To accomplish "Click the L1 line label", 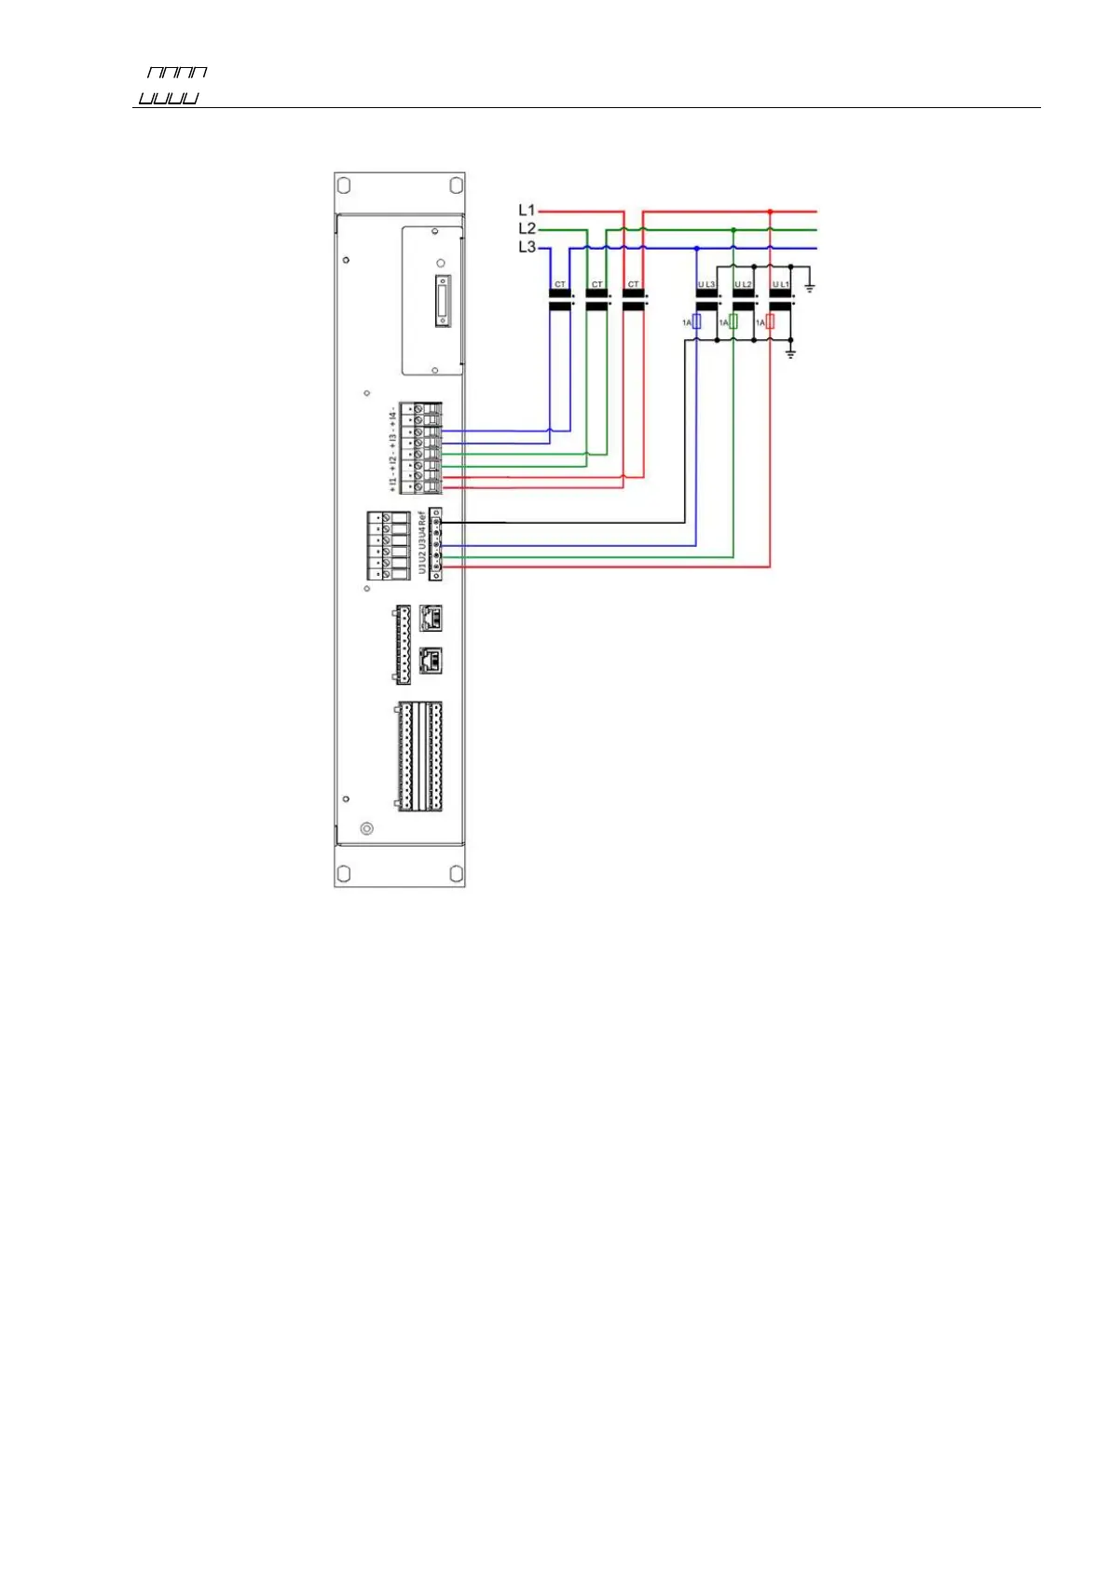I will coord(527,211).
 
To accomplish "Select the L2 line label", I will coord(527,228).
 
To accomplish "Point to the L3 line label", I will coord(527,247).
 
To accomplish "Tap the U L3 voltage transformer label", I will coord(706,284).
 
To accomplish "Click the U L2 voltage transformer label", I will coord(743,284).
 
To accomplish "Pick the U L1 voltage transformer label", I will coord(780,284).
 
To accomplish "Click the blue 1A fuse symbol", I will coord(696,321).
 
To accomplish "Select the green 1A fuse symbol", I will coord(733,321).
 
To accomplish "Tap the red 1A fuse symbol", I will coord(770,321).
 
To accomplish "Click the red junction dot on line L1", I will coord(770,211).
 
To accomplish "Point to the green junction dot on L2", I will coord(733,229).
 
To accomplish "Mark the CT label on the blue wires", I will coord(559,284).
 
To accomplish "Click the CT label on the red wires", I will coord(634,284).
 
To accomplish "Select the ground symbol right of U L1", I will coord(810,287).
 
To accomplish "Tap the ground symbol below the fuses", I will coord(790,354).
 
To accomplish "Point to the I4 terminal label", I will coord(393,413).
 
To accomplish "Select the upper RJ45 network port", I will coord(431,618).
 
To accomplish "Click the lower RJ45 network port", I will coord(431,661).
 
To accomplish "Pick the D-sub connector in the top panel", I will coord(442,301).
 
